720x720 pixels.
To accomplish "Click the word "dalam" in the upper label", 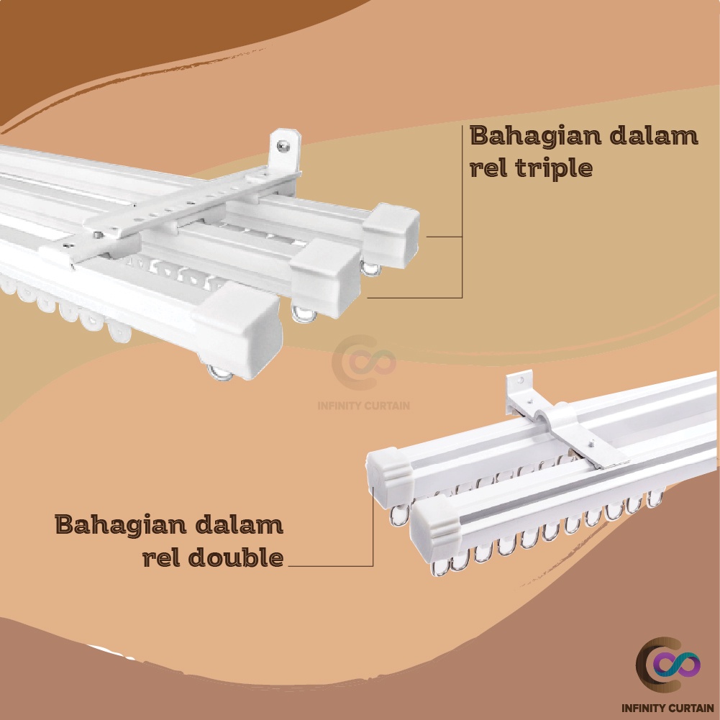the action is (x=657, y=136).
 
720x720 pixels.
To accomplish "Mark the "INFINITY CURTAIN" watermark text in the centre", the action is (x=364, y=405).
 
